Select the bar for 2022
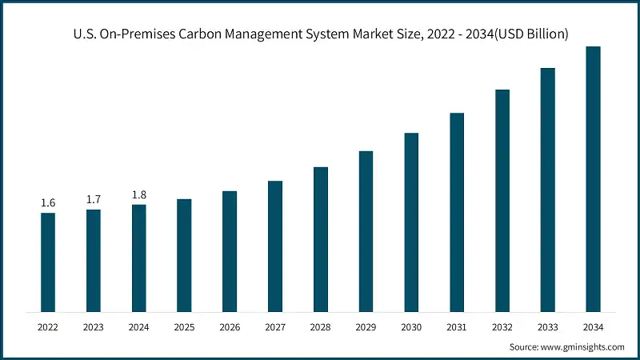coord(48,262)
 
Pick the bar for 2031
coord(457,212)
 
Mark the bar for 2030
coord(411,222)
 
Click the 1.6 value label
coord(48,203)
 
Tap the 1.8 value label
coord(139,195)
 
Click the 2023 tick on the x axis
coord(94,326)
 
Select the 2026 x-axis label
coord(230,326)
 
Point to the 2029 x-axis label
coord(366,326)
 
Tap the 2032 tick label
coord(502,326)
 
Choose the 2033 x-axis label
coord(547,326)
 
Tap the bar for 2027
coord(275,246)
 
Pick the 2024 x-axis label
coord(139,326)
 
